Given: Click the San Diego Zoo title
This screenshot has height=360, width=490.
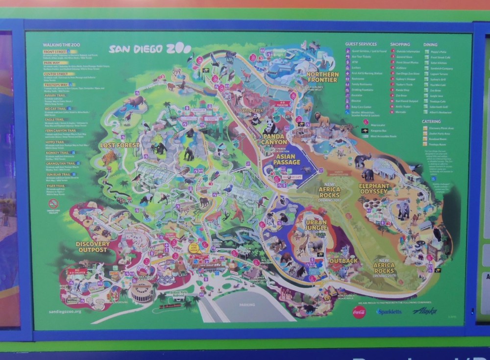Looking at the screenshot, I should [147, 49].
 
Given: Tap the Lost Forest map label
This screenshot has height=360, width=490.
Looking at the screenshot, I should [120, 145].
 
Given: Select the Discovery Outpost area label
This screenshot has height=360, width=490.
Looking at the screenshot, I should [91, 247].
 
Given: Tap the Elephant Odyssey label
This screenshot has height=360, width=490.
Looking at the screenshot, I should [374, 189].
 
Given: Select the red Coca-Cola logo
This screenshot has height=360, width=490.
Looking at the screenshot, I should [360, 311].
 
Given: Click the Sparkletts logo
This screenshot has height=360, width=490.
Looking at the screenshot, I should [389, 311].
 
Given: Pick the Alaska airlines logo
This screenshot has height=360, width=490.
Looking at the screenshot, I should [423, 310].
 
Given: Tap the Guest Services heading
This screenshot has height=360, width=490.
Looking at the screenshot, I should [361, 44].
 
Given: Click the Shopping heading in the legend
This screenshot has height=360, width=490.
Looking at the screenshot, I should [400, 44].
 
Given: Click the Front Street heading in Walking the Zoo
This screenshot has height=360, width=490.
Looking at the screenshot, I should [55, 51].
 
